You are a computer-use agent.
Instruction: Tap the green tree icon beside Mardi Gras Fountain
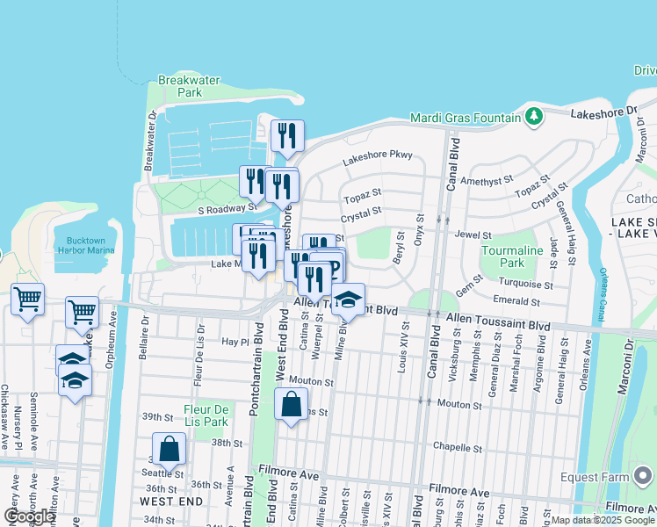[x=533, y=117]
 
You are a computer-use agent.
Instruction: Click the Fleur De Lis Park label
[x=206, y=415]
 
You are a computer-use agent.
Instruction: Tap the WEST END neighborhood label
[x=171, y=502]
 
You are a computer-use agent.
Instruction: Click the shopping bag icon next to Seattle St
[x=169, y=449]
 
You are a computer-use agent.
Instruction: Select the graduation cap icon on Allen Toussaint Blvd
[x=348, y=300]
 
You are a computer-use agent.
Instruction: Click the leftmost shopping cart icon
[x=27, y=299]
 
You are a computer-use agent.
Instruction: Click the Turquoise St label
[x=524, y=285]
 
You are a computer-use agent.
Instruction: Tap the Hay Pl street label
[x=233, y=341]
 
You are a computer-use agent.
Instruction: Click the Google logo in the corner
[x=29, y=516]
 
